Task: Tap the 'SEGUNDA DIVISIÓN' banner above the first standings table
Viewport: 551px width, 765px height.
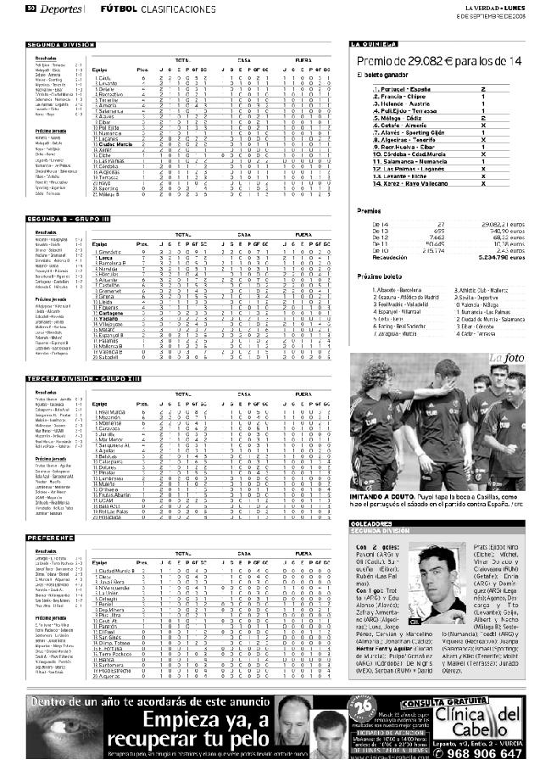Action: tap(60, 44)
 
